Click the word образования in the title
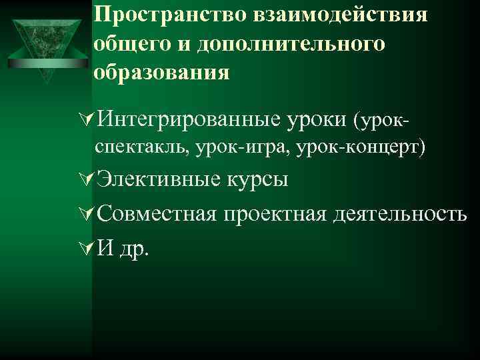tap(162, 71)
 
